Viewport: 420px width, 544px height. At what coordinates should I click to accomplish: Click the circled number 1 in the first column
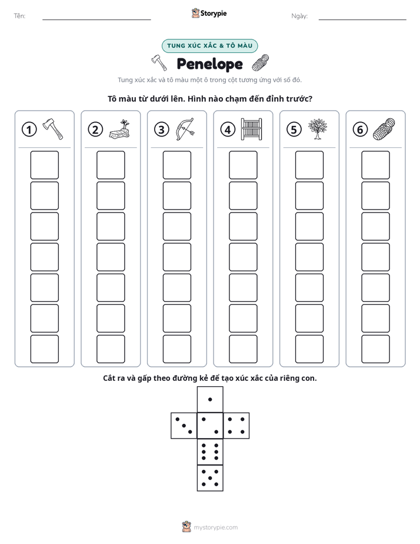click(x=29, y=130)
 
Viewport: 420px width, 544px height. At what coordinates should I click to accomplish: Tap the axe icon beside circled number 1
click(x=53, y=129)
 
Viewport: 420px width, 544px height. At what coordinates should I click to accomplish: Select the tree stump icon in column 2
click(x=119, y=130)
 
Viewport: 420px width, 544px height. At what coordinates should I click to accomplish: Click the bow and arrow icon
click(x=185, y=129)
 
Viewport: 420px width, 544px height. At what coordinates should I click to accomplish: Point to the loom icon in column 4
click(x=252, y=129)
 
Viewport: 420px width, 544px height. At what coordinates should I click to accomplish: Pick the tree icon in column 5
click(x=318, y=129)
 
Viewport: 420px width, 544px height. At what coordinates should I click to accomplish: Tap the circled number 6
click(x=361, y=130)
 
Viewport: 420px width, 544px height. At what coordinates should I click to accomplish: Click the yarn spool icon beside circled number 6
click(x=384, y=129)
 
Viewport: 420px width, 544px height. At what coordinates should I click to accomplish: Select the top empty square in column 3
click(x=177, y=165)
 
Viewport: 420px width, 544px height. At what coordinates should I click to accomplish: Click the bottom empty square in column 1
click(x=44, y=349)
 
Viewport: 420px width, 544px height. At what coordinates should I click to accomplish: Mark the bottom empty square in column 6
click(x=376, y=349)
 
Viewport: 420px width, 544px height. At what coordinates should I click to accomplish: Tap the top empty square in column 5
click(x=309, y=165)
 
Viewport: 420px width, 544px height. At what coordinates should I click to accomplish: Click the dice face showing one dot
click(x=210, y=399)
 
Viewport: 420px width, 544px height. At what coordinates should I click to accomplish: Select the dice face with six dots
click(x=210, y=452)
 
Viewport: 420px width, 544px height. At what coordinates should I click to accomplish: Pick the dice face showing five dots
click(x=210, y=478)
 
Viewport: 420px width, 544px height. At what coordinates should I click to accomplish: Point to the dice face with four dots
click(x=236, y=426)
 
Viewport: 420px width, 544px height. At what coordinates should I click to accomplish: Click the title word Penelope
click(x=209, y=64)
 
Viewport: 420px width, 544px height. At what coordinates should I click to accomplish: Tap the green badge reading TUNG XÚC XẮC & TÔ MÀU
click(x=209, y=46)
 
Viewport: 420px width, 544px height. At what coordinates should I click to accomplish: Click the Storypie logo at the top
click(x=209, y=14)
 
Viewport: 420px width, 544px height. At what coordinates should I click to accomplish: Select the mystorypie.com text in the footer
click(x=215, y=528)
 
